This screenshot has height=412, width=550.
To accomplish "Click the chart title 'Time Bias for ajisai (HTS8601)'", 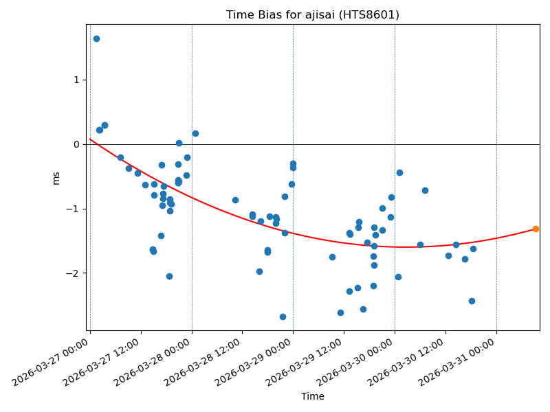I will pyautogui.click(x=313, y=15).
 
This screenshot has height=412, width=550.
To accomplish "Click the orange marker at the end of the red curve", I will pyautogui.click(x=536, y=229).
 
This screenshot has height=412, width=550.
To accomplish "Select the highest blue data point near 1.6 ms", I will pyautogui.click(x=96, y=38).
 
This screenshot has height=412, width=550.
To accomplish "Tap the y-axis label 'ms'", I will pyautogui.click(x=56, y=178).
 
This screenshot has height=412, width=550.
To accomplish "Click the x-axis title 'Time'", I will pyautogui.click(x=312, y=396).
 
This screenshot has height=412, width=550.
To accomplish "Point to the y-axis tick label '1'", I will pyautogui.click(x=76, y=80).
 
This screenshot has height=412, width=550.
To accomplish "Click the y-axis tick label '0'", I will pyautogui.click(x=76, y=144).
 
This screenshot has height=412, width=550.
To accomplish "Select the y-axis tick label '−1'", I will pyautogui.click(x=73, y=209).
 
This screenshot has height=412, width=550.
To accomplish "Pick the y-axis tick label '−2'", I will pyautogui.click(x=73, y=273).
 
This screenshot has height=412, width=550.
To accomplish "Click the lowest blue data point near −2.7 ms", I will pyautogui.click(x=283, y=317).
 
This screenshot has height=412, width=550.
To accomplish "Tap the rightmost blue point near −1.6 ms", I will pyautogui.click(x=473, y=249).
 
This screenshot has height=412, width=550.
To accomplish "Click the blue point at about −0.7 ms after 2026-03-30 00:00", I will pyautogui.click(x=425, y=190).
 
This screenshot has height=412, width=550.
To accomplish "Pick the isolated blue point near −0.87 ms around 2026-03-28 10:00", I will pyautogui.click(x=235, y=200).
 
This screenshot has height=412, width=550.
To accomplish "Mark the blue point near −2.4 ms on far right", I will pyautogui.click(x=472, y=301).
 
